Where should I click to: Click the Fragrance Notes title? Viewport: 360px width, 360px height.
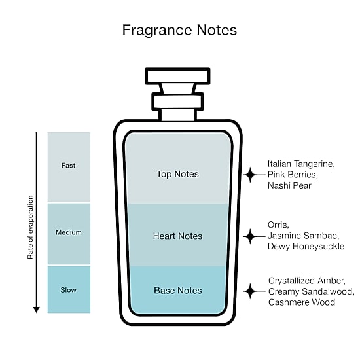[179, 30]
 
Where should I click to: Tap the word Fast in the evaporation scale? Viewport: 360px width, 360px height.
[68, 166]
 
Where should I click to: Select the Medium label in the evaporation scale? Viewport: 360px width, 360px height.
[69, 232]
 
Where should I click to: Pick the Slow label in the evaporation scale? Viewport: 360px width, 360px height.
[69, 290]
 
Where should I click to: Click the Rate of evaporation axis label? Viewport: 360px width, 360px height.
[30, 227]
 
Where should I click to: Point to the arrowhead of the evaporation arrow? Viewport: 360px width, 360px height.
[36, 310]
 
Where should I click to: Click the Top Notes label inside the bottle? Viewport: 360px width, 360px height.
[177, 174]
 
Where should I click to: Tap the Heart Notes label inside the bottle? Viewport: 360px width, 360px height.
[177, 236]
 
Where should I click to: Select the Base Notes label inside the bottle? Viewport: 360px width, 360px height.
[178, 291]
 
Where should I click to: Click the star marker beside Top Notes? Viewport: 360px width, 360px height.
[250, 175]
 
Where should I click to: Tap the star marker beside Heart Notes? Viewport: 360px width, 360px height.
[250, 236]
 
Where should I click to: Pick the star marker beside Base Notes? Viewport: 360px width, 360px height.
[250, 291]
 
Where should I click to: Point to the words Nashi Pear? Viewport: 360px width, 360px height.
[289, 185]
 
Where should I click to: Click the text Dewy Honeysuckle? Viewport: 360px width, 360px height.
[306, 247]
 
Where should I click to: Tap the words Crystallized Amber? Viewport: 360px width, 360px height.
[307, 281]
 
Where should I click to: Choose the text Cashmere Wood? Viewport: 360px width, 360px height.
[302, 302]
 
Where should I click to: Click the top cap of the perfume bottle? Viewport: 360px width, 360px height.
[177, 76]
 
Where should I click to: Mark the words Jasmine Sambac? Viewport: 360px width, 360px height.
[303, 236]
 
